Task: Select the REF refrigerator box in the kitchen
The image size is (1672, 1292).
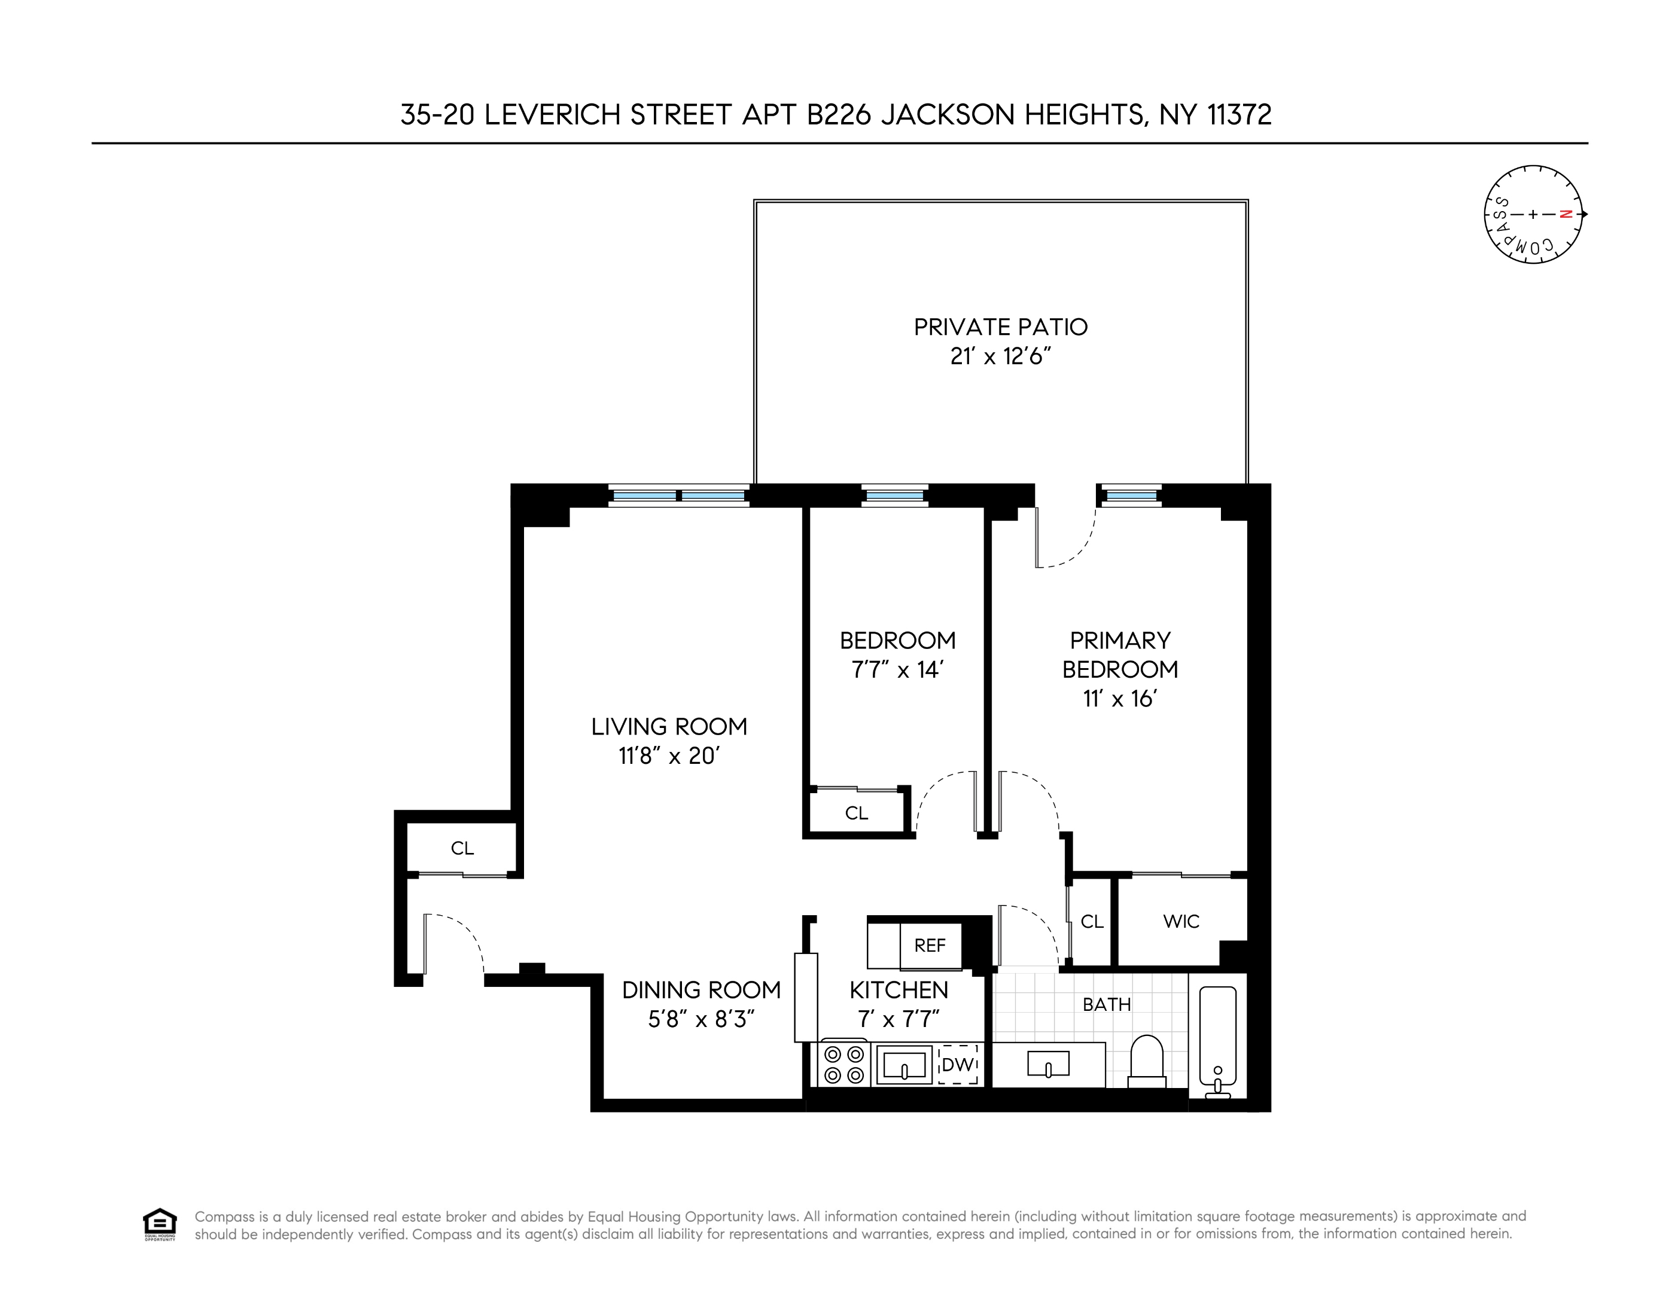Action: click(930, 945)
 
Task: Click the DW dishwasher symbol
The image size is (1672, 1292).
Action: click(958, 1065)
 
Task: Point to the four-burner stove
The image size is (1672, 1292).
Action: click(843, 1065)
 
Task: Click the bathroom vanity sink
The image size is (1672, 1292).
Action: click(1048, 1065)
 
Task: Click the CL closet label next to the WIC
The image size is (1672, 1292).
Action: click(1092, 922)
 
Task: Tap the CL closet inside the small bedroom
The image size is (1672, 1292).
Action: click(856, 813)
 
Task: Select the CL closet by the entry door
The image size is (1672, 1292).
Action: click(462, 848)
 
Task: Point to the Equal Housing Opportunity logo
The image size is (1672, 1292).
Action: click(159, 1224)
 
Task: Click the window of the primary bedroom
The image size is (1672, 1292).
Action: click(1131, 496)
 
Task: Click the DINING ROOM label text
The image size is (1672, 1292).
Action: click(701, 991)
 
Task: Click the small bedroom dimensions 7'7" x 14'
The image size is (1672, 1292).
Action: click(897, 671)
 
